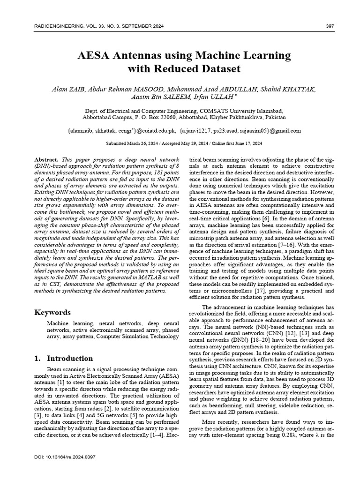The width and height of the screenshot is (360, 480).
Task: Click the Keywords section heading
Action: [x=52, y=312]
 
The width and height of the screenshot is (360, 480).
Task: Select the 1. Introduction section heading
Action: [x=64, y=359]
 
